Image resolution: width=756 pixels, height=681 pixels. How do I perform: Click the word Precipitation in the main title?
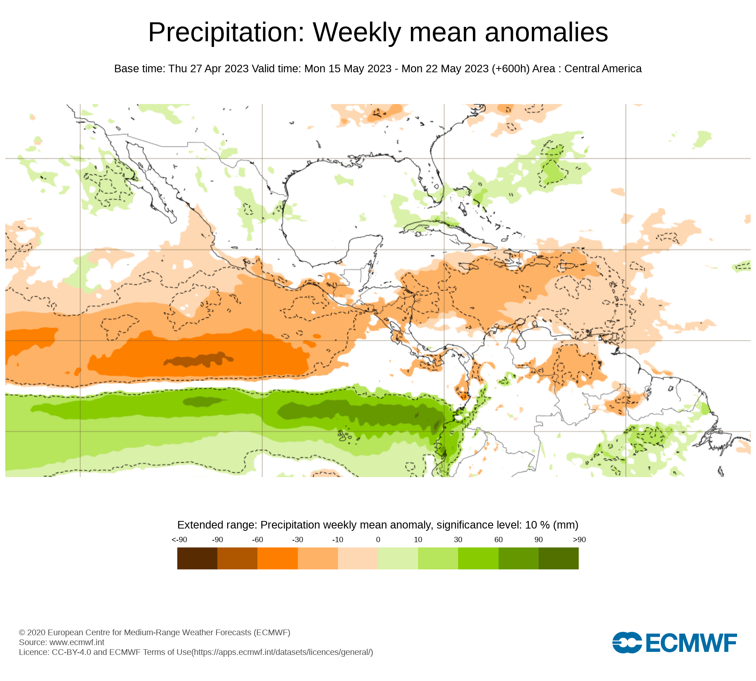[226, 33]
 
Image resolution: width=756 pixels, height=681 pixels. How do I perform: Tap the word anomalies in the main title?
[546, 33]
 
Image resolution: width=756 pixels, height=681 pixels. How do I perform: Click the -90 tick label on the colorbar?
[217, 540]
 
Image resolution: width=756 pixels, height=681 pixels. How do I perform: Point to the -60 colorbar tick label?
[257, 540]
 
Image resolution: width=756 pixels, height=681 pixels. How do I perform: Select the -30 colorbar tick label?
[297, 540]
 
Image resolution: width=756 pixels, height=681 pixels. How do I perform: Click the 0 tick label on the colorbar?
[378, 540]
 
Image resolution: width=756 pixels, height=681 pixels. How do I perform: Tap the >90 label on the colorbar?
[579, 540]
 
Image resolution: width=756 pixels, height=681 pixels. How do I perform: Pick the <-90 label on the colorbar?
[179, 540]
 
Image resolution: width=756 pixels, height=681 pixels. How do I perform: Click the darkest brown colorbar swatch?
[197, 558]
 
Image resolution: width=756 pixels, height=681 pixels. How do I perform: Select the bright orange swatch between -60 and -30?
[277, 558]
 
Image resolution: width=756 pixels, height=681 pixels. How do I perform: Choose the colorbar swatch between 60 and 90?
[518, 558]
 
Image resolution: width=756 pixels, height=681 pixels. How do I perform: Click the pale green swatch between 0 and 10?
[398, 558]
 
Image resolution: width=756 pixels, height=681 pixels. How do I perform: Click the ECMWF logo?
[674, 642]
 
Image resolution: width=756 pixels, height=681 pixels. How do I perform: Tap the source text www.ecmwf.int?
[77, 642]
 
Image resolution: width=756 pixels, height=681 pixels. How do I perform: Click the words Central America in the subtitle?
[603, 69]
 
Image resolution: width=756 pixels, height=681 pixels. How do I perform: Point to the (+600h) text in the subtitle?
[511, 69]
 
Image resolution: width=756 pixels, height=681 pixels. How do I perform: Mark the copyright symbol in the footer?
[22, 633]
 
